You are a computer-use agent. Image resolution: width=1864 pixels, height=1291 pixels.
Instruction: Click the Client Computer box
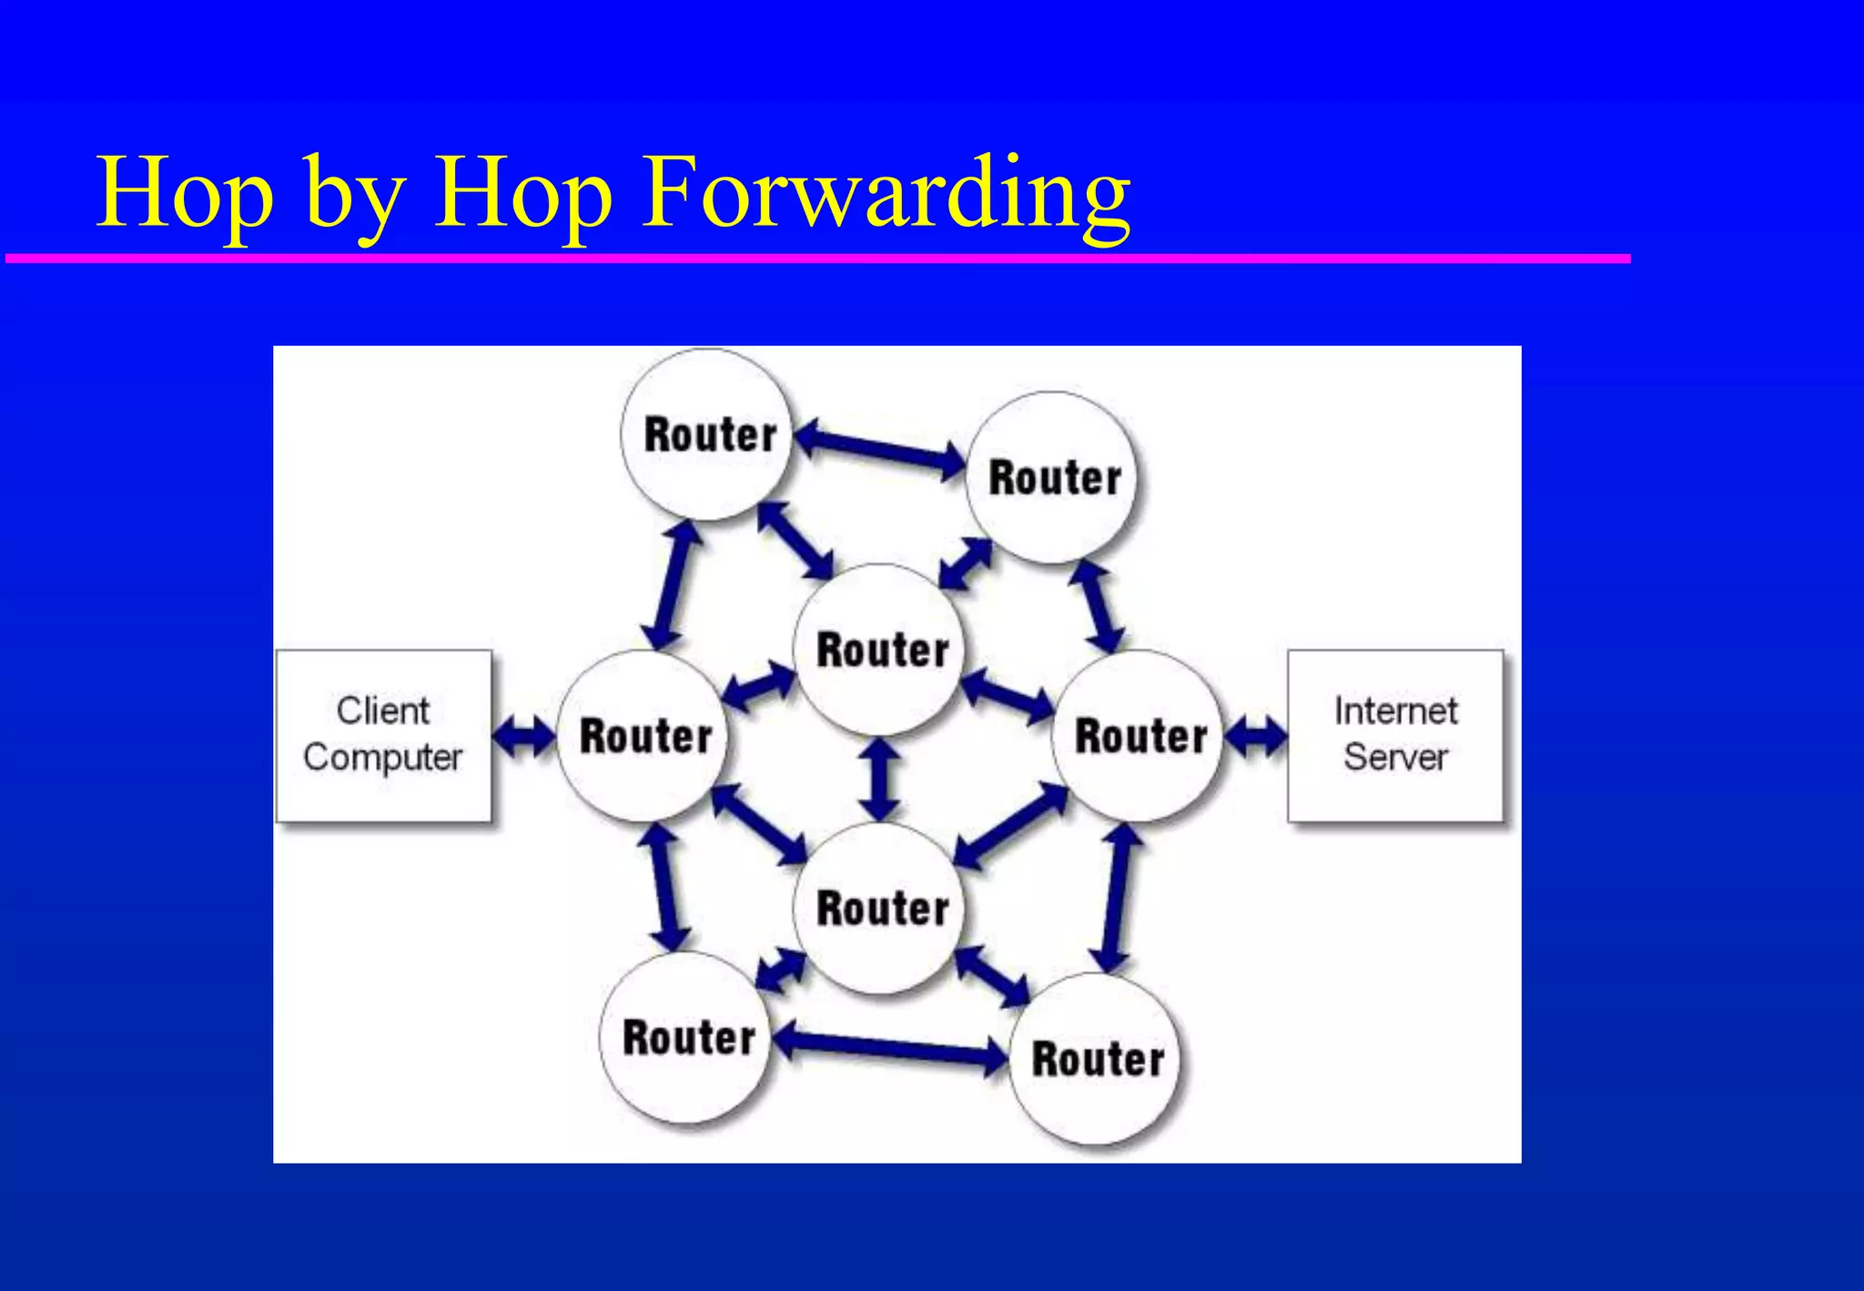click(x=383, y=736)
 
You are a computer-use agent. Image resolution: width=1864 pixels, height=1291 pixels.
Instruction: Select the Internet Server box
click(x=1394, y=736)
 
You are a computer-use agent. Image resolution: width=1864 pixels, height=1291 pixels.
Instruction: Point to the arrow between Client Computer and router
click(x=523, y=736)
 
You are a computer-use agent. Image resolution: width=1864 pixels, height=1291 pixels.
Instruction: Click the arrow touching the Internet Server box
click(x=1255, y=736)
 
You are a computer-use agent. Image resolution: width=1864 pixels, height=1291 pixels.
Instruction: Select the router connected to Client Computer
click(x=644, y=736)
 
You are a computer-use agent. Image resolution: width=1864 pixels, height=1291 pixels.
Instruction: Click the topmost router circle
click(x=708, y=435)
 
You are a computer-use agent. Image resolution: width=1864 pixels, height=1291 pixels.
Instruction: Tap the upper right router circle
click(x=1054, y=478)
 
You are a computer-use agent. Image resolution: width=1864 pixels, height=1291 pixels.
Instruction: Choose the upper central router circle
click(x=881, y=650)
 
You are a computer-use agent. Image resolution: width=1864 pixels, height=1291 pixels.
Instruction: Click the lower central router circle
click(x=881, y=909)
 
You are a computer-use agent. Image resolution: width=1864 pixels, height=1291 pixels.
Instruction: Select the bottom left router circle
click(x=688, y=1038)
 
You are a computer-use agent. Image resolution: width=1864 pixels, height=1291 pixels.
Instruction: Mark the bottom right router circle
click(x=1097, y=1059)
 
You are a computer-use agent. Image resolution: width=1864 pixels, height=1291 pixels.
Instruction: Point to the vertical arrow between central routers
click(x=880, y=779)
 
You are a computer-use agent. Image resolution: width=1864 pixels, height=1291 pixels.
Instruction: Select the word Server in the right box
click(x=1394, y=757)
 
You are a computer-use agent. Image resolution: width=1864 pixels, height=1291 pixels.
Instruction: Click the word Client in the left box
click(x=382, y=711)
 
